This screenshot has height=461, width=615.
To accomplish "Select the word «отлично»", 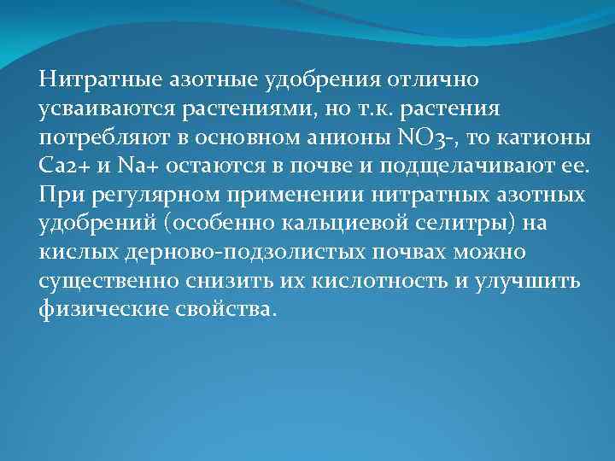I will pyautogui.click(x=437, y=79).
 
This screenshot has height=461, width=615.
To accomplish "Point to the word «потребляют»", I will pyautogui.click(x=96, y=138).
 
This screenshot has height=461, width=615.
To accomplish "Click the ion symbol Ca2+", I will pyautogui.click(x=62, y=166).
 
